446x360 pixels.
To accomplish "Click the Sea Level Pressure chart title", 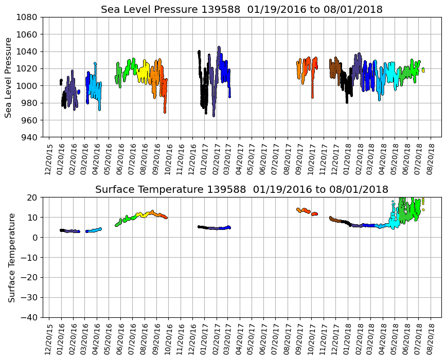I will coord(242,10).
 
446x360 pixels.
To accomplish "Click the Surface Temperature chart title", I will coord(242,190).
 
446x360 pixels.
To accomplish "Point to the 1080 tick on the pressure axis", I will coord(28,17).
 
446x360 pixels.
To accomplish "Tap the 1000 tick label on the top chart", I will coord(28,86).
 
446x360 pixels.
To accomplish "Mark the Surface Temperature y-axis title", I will coord(11,257).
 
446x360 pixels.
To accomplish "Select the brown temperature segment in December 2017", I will coord(335,220).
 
